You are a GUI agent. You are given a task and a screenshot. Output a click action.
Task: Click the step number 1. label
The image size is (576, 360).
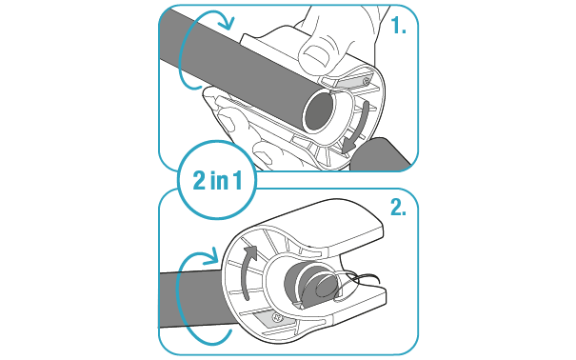point(399,26)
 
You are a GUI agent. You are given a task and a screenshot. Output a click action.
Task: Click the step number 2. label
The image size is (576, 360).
point(398,208)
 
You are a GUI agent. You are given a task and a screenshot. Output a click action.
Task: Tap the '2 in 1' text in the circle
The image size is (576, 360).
point(217,180)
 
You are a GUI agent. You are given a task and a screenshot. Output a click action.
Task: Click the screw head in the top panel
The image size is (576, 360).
point(366,80)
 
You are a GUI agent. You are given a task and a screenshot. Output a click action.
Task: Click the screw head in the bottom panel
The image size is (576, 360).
point(277,316)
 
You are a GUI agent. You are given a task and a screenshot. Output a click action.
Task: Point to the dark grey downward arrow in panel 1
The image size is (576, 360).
point(356,129)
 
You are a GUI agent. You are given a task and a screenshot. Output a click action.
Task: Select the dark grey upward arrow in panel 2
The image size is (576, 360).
point(248,271)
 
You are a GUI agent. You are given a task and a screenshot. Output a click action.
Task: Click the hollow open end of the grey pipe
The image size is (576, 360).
point(319,111)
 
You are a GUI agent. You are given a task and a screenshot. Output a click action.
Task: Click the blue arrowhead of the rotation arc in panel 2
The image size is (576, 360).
point(211,257)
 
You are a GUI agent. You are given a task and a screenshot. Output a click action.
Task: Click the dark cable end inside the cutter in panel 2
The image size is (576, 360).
point(310,285)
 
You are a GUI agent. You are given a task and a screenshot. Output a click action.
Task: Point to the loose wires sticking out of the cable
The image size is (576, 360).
point(358,282)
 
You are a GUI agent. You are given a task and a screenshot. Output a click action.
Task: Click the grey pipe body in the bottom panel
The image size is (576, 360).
point(190,298)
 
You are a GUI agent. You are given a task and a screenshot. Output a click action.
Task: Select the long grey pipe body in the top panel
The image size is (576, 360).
point(243,66)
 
